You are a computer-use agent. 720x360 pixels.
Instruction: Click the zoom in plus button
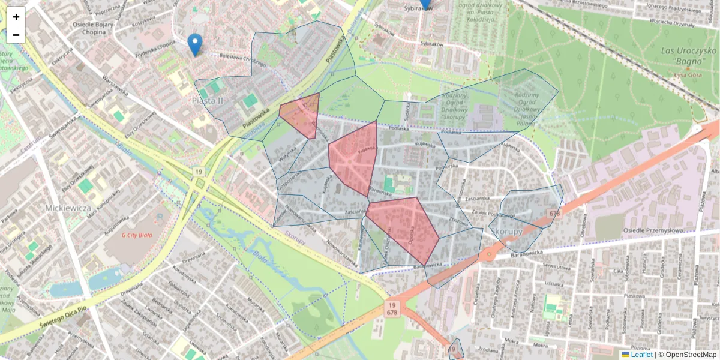click(16, 17)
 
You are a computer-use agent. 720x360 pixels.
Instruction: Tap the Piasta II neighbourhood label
click(208, 100)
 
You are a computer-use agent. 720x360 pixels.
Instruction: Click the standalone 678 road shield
click(554, 213)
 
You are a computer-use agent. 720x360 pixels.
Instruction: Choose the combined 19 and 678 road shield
click(392, 309)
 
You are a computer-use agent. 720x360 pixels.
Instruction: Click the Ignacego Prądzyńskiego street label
click(673, 10)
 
